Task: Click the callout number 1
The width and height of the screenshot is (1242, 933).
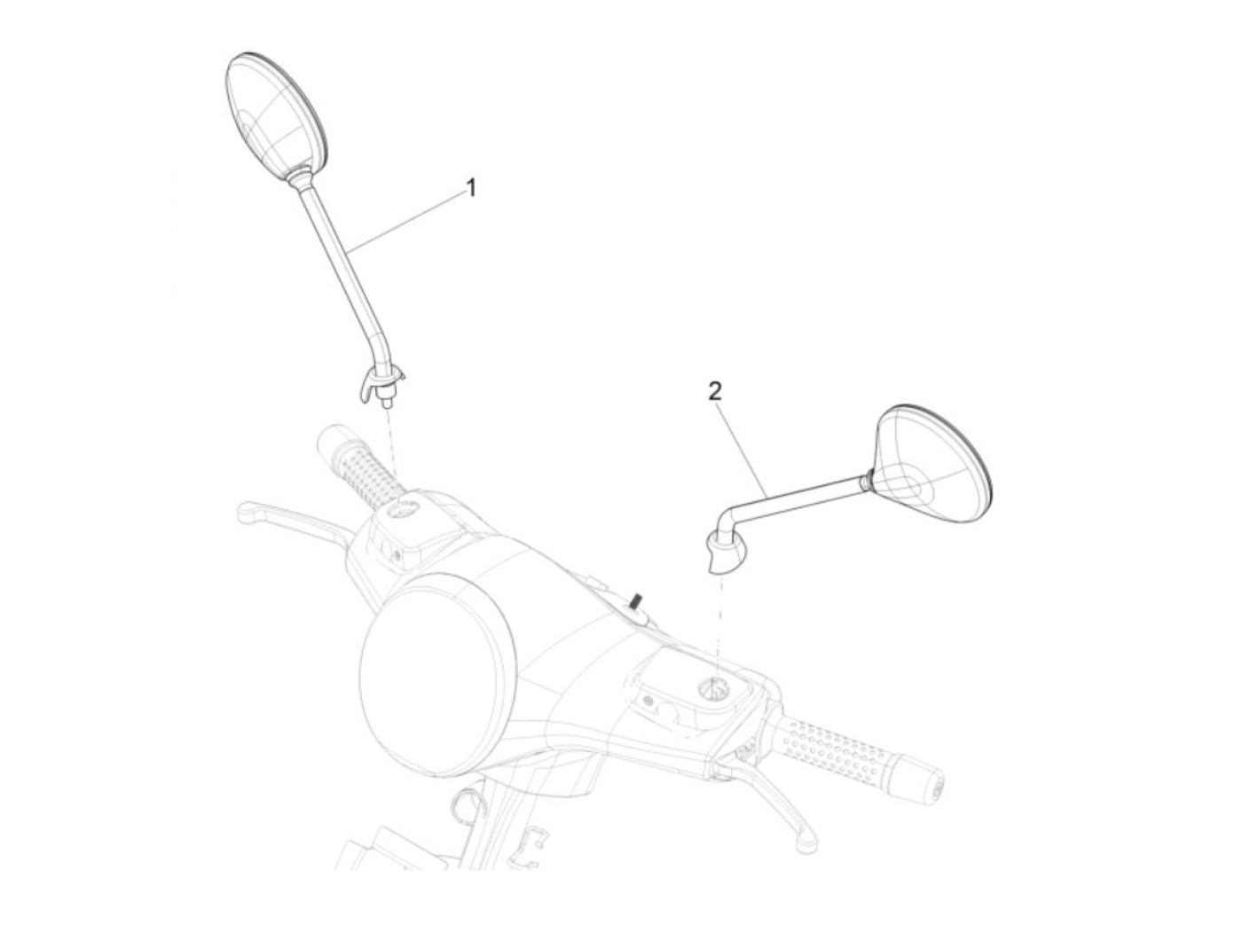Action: coord(471,188)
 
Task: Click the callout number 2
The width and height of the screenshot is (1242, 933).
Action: coord(715,392)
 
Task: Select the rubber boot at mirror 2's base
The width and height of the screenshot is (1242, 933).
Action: coord(725,551)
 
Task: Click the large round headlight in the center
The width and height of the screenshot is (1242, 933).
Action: coord(436,664)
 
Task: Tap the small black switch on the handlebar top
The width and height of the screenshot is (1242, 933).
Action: coord(635,603)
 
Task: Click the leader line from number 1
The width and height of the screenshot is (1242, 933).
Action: coord(408,218)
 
